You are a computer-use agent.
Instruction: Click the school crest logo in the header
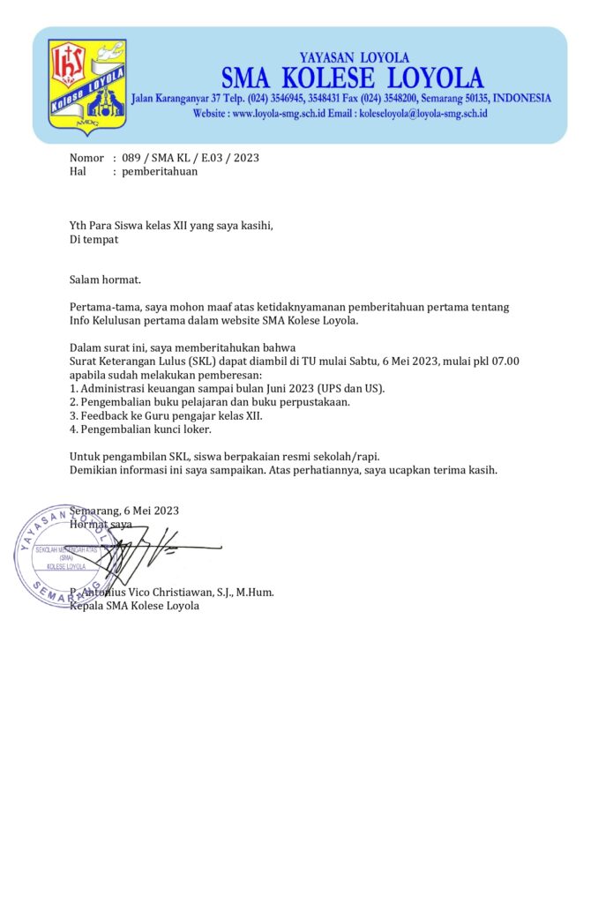click(86, 87)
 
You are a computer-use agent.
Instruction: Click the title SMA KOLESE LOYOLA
click(352, 78)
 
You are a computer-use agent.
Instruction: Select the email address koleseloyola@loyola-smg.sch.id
click(422, 114)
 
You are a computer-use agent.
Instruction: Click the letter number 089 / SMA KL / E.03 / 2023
click(191, 158)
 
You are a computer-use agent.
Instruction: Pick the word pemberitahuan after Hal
click(160, 172)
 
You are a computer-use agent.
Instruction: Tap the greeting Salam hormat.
click(105, 280)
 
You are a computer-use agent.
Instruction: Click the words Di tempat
click(94, 239)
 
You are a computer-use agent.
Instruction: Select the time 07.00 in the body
click(504, 360)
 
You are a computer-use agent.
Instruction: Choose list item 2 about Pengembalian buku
click(210, 401)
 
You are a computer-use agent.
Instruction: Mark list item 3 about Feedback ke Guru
click(166, 414)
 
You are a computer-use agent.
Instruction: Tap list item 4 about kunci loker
click(140, 429)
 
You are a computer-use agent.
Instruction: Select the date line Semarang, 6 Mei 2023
click(124, 511)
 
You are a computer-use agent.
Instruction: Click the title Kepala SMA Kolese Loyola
click(134, 606)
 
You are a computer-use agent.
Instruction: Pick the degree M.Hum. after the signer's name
click(255, 592)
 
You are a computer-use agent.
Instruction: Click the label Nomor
click(86, 158)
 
